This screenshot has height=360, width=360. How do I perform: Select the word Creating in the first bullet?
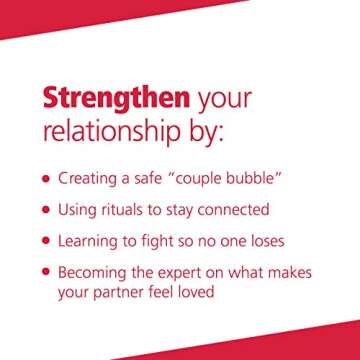click(x=91, y=180)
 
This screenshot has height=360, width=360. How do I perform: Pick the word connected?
click(x=233, y=210)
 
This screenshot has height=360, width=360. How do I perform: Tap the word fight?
click(x=170, y=241)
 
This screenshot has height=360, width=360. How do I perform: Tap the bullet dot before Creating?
click(x=46, y=180)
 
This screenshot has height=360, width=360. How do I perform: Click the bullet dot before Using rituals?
click(x=46, y=210)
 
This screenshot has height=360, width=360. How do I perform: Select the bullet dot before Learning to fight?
click(x=46, y=241)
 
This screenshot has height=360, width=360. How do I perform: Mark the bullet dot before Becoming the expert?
click(x=46, y=271)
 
